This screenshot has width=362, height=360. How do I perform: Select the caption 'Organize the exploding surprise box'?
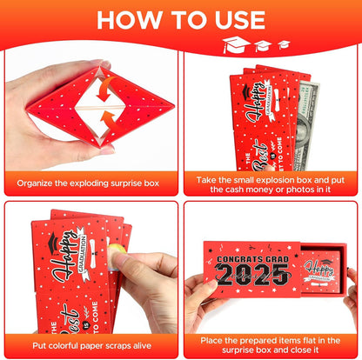90,183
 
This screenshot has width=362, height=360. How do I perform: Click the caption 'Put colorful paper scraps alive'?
90,343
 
